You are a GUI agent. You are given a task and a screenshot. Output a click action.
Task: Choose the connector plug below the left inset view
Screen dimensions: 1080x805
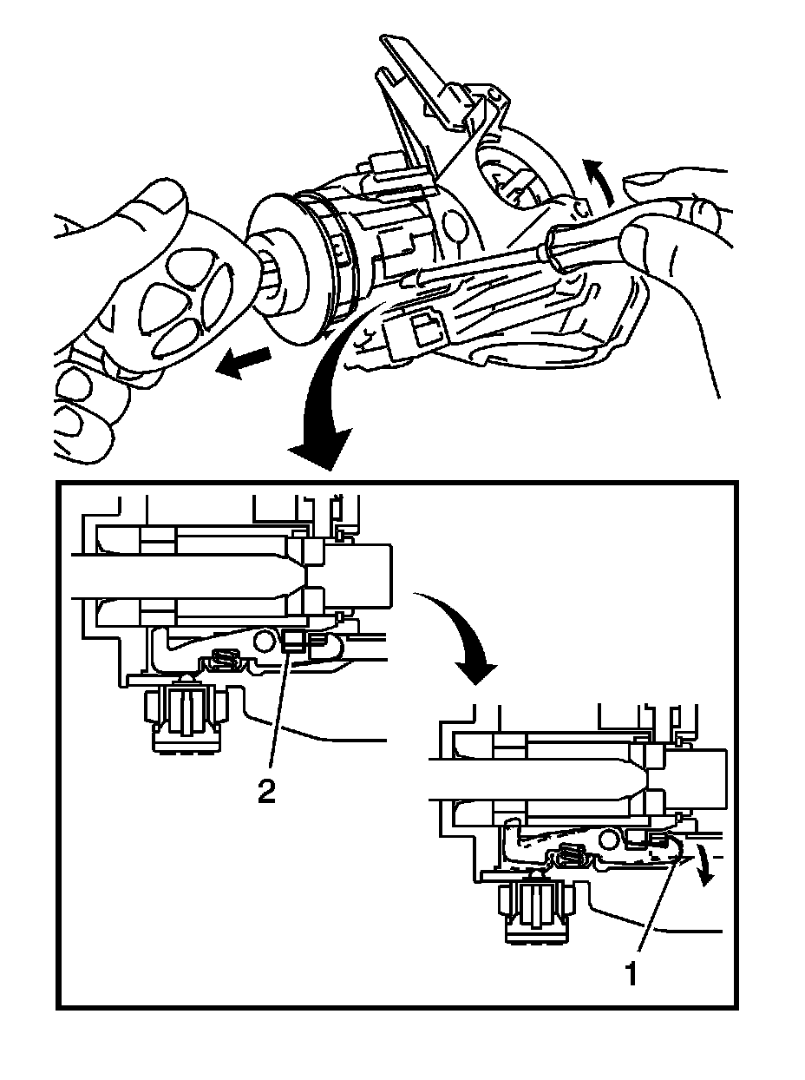pyautogui.click(x=184, y=716)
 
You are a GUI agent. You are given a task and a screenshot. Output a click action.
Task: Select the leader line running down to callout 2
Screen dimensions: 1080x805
pyautogui.click(x=278, y=712)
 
